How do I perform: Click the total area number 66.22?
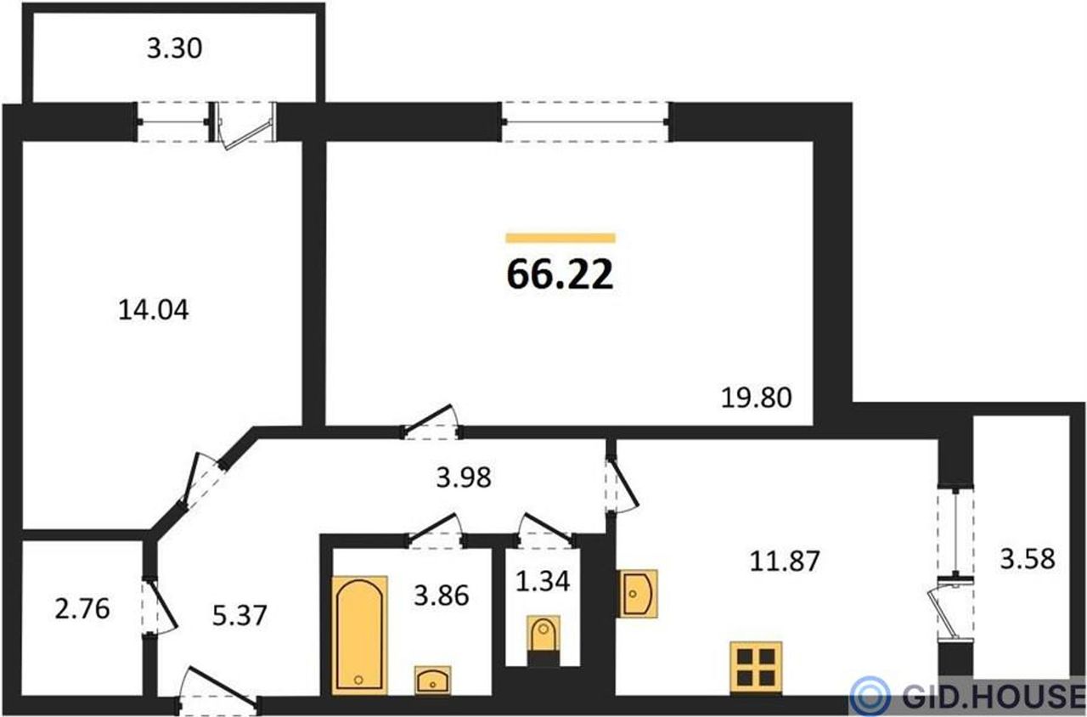click(560, 275)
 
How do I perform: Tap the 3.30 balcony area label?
click(174, 49)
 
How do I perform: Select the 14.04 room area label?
click(154, 310)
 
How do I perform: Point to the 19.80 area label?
click(756, 398)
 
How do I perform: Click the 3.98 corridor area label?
click(464, 477)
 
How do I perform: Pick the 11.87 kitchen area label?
click(785, 562)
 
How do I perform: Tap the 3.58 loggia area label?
click(1028, 558)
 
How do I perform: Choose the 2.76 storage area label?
click(82, 609)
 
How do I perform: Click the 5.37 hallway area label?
click(239, 616)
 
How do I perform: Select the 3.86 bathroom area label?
click(441, 596)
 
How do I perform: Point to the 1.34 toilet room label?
click(542, 582)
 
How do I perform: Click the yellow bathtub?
click(359, 635)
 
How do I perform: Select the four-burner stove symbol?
click(757, 668)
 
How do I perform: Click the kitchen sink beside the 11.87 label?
click(637, 594)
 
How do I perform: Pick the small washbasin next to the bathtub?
click(433, 680)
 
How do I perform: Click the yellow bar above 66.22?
click(560, 238)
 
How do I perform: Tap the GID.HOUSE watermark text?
click(994, 696)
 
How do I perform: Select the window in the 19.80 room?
click(585, 121)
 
